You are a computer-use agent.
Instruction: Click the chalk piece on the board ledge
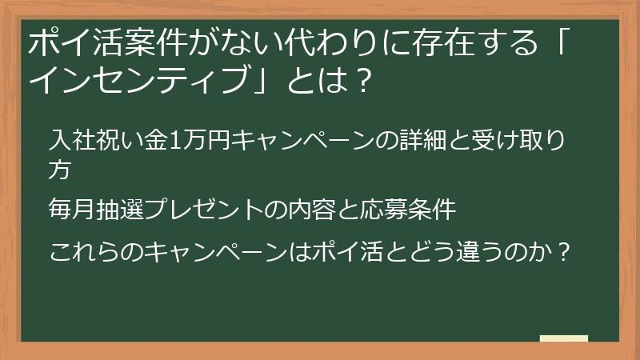click(564, 338)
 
